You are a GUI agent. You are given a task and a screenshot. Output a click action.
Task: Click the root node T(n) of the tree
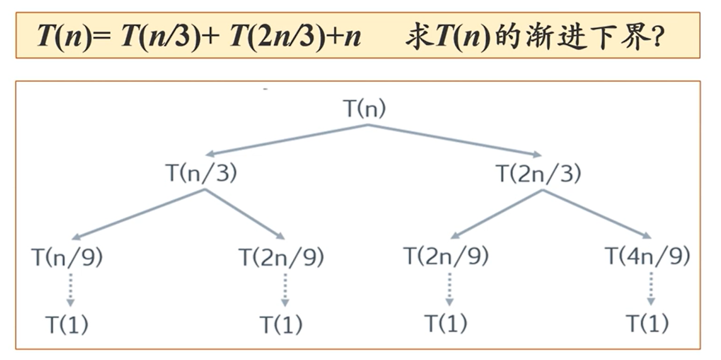pos(364,109)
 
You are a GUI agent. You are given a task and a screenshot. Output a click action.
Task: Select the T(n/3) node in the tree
pos(201,173)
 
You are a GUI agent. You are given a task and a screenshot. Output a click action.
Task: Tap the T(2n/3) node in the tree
pos(538,173)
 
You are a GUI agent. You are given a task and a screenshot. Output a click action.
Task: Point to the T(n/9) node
pos(67,257)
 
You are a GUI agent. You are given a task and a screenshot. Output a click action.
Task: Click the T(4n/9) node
pos(647,257)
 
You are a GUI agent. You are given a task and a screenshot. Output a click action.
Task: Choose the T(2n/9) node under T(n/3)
pos(282,257)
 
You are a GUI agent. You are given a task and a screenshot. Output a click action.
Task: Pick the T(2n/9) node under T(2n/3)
pos(446,257)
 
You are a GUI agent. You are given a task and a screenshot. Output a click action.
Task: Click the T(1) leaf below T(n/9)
pos(67,325)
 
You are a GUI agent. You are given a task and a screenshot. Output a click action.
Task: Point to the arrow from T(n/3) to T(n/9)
pos(138,214)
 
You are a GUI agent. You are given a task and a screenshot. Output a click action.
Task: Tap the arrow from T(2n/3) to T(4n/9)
pos(596,214)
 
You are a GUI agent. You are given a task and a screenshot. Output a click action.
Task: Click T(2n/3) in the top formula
pos(273,36)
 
